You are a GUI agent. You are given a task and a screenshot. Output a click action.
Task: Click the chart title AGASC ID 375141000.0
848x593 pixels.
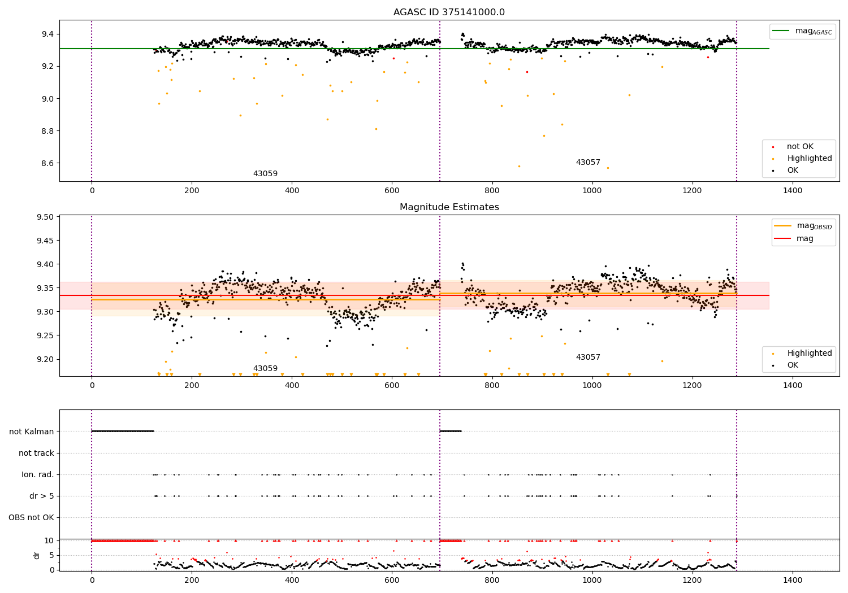449,12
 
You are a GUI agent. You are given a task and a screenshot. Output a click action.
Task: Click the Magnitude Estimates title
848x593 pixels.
449,207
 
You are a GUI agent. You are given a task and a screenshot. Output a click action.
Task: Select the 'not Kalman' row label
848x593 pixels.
32,431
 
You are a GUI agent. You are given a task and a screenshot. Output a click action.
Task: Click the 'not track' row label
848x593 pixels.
36,453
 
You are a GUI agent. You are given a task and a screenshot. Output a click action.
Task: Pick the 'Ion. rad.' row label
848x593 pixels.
38,474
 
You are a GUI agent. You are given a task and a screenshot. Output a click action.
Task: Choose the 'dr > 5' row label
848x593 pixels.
42,496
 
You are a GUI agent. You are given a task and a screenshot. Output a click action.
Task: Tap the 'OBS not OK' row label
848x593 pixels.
31,517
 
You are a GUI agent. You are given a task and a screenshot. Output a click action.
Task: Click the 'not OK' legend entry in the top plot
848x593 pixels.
800,147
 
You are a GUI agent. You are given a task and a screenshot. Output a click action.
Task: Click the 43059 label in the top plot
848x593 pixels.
265,174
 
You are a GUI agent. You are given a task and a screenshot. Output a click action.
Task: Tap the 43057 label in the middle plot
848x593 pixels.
588,357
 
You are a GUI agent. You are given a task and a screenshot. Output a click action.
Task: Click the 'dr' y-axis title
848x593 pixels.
37,555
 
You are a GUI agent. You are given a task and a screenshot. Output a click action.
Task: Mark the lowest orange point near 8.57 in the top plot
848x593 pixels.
608,168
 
